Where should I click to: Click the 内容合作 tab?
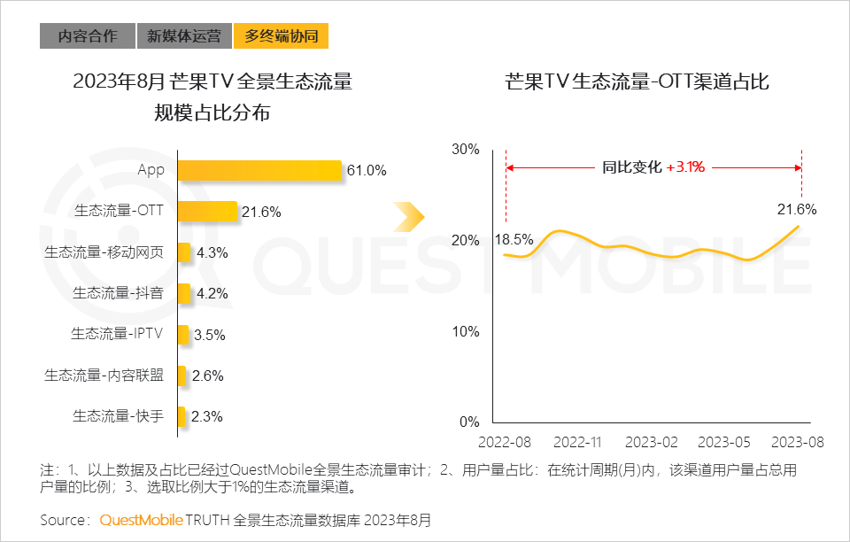coord(88,36)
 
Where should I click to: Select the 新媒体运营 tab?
coord(184,36)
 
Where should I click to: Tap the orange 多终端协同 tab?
coord(282,36)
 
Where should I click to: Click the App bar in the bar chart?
coord(259,170)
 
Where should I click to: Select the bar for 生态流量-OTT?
coord(207,211)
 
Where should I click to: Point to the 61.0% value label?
coord(367,171)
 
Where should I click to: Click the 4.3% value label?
coord(212,252)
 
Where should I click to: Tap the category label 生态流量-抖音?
coord(118,293)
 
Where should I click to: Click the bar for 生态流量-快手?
coord(182,416)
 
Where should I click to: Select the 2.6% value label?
coord(207,376)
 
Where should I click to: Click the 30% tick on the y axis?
coord(465,149)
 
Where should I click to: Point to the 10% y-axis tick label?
coord(465,331)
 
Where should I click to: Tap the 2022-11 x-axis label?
coord(577,441)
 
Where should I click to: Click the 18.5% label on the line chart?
coord(514,240)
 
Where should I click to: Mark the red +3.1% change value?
coord(685,166)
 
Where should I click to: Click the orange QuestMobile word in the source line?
coord(141,519)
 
